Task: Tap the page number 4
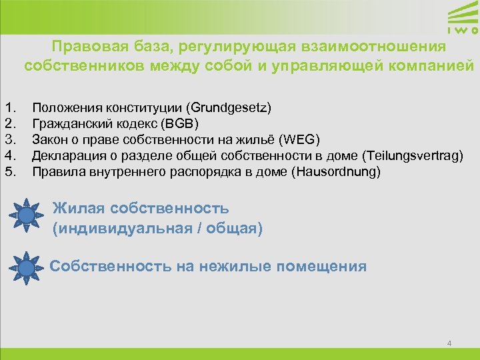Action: tap(449, 343)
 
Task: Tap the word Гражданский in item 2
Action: tap(65, 123)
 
